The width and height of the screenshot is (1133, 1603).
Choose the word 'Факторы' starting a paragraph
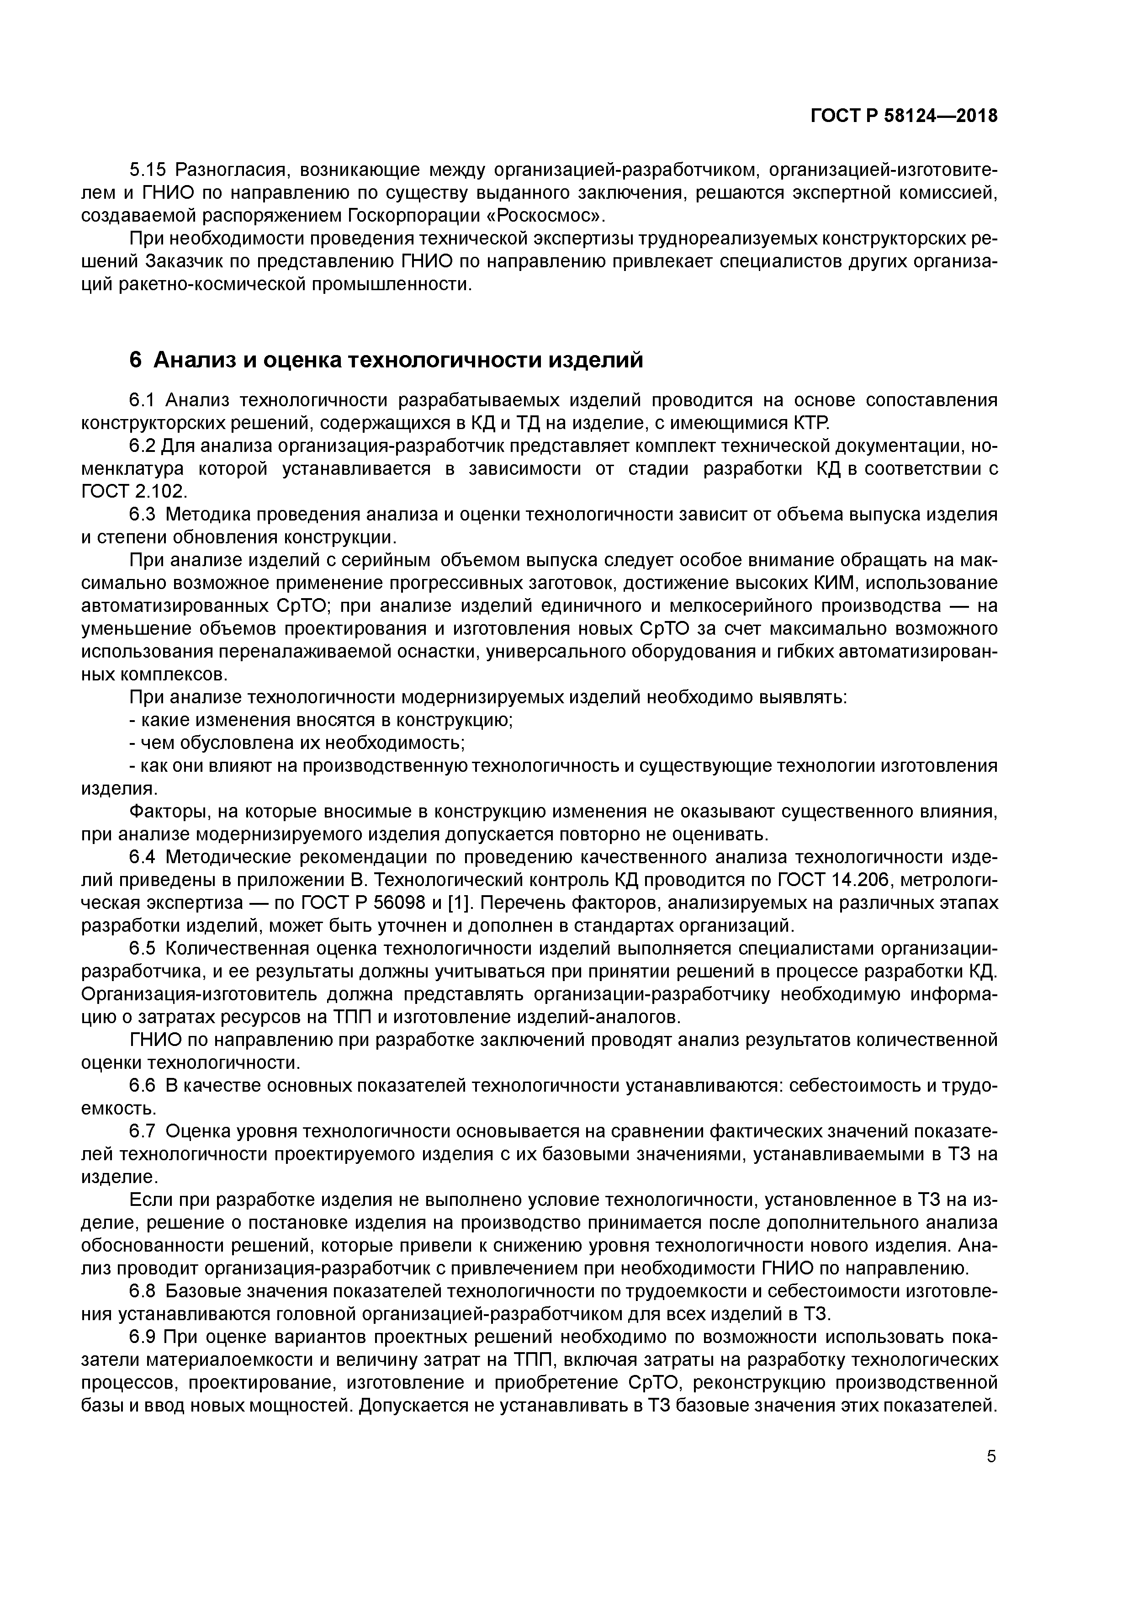pos(168,811)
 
